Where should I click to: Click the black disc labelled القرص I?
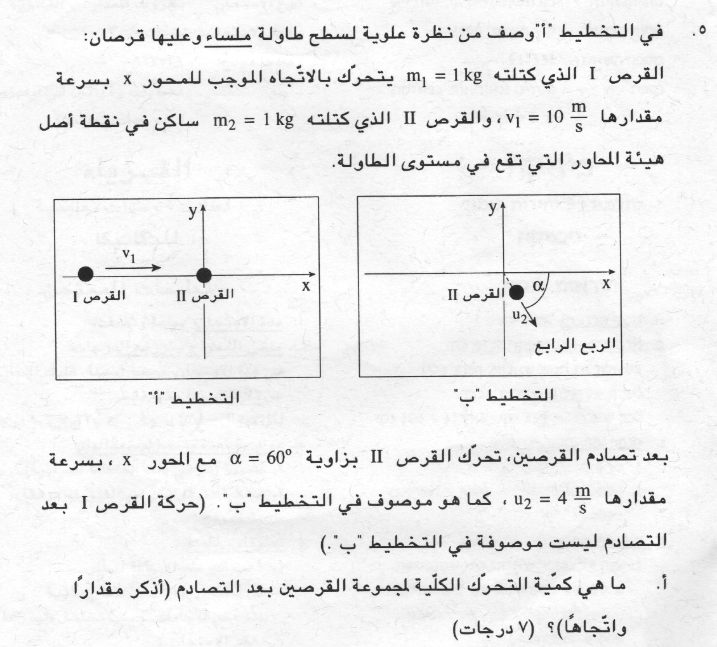pos(86,274)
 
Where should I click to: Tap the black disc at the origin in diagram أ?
pos(204,275)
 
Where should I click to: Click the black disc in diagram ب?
pos(516,292)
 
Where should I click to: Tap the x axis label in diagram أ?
pos(306,285)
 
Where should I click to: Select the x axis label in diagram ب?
pos(606,284)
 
